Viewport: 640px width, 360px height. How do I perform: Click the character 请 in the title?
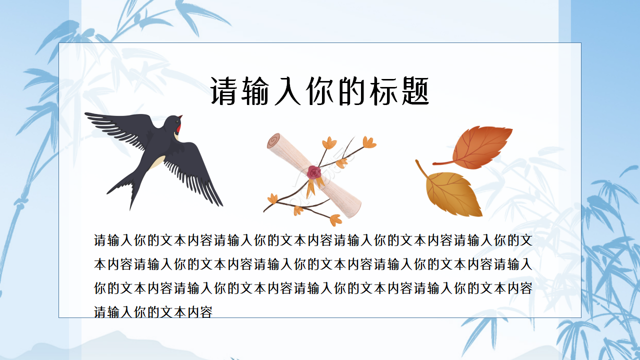(223, 91)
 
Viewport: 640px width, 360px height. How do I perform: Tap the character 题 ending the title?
(415, 91)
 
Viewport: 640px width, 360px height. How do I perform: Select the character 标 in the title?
(383, 91)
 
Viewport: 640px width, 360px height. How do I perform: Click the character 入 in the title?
(287, 91)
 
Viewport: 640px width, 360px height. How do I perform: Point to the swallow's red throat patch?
(177, 129)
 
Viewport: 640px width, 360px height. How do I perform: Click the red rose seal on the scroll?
(314, 172)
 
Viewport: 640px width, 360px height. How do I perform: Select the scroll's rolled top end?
(274, 141)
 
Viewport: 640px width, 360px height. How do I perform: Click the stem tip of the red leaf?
(435, 163)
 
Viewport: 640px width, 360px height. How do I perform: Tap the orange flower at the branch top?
(369, 142)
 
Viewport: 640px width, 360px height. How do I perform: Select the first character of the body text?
(100, 240)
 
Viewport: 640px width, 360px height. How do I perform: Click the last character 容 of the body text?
(206, 312)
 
